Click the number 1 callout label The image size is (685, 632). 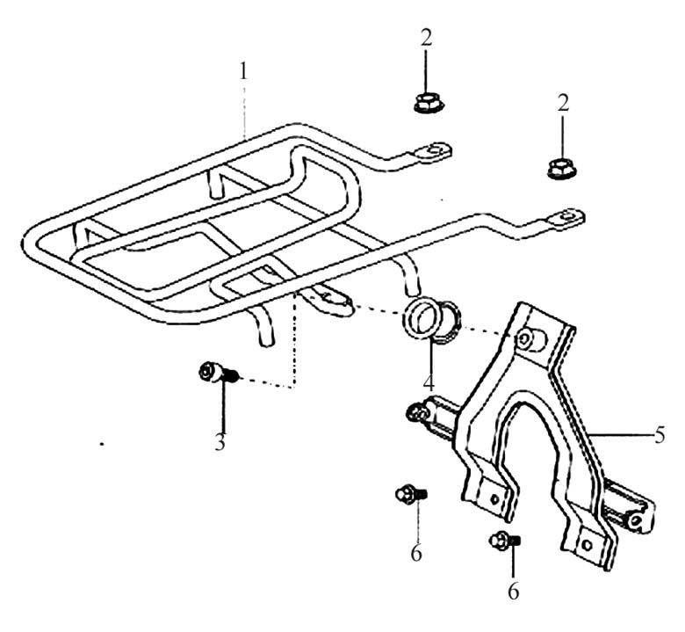245,71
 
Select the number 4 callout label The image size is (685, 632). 428,384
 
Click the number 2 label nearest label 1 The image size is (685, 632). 426,40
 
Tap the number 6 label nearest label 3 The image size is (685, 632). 416,554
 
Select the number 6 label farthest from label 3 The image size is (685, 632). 513,591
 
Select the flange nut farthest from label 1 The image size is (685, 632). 560,167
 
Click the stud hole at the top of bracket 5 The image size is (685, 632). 526,338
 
